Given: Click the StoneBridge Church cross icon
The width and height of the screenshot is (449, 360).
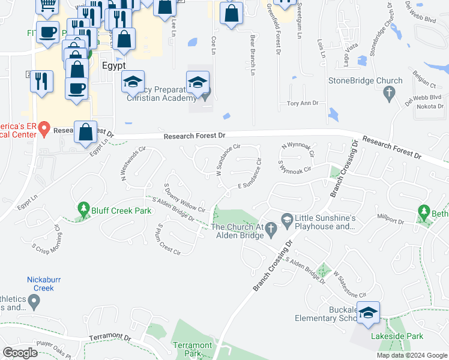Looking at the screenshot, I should [389, 93].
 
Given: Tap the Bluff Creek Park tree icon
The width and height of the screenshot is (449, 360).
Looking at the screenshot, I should [83, 211].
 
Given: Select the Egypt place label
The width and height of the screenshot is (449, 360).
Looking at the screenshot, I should [114, 65].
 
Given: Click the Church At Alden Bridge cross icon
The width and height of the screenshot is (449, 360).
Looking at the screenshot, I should [270, 227].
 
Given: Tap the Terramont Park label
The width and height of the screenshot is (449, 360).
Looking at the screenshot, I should [192, 349].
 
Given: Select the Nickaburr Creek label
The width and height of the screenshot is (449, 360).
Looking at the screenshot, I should [41, 283].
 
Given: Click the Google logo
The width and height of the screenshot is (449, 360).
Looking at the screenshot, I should [20, 353].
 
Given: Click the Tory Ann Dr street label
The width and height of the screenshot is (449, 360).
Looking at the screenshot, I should [303, 103].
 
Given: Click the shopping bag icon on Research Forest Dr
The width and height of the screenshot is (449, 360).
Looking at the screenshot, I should [86, 132].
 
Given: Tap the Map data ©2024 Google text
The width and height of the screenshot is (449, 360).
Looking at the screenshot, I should [411, 355].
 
